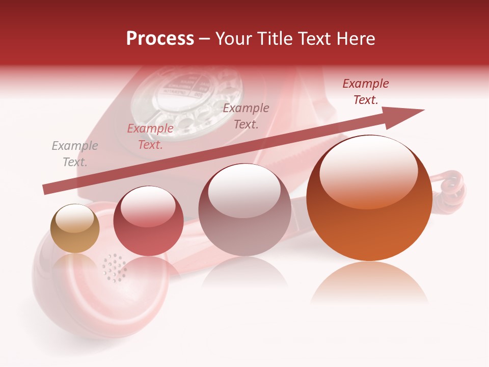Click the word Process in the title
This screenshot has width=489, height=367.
pos(160,39)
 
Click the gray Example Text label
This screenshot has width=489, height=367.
pos(75,154)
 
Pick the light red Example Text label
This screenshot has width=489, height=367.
pos(150,137)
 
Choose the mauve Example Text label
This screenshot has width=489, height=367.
pos(246,116)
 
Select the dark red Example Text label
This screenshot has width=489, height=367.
pos(365,92)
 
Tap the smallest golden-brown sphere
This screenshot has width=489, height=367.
pos(75,228)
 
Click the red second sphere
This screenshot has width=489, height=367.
pos(148,221)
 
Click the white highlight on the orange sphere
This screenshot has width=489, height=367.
pos(368,171)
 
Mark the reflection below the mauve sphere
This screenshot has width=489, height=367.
pos(244,273)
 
